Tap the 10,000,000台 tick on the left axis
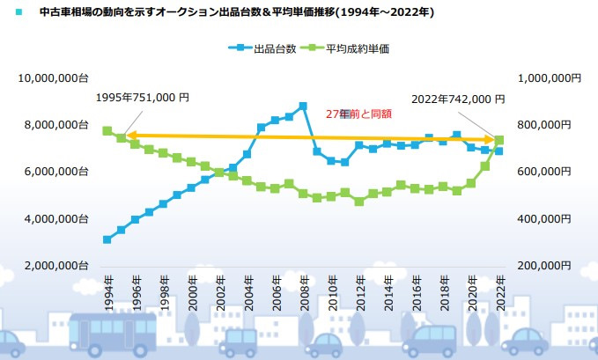[x=53, y=78]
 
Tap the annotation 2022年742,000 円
[x=457, y=99]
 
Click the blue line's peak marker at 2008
[x=303, y=107]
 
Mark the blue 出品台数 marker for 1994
[x=107, y=239]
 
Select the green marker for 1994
[x=107, y=130]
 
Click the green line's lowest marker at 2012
[x=358, y=202]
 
